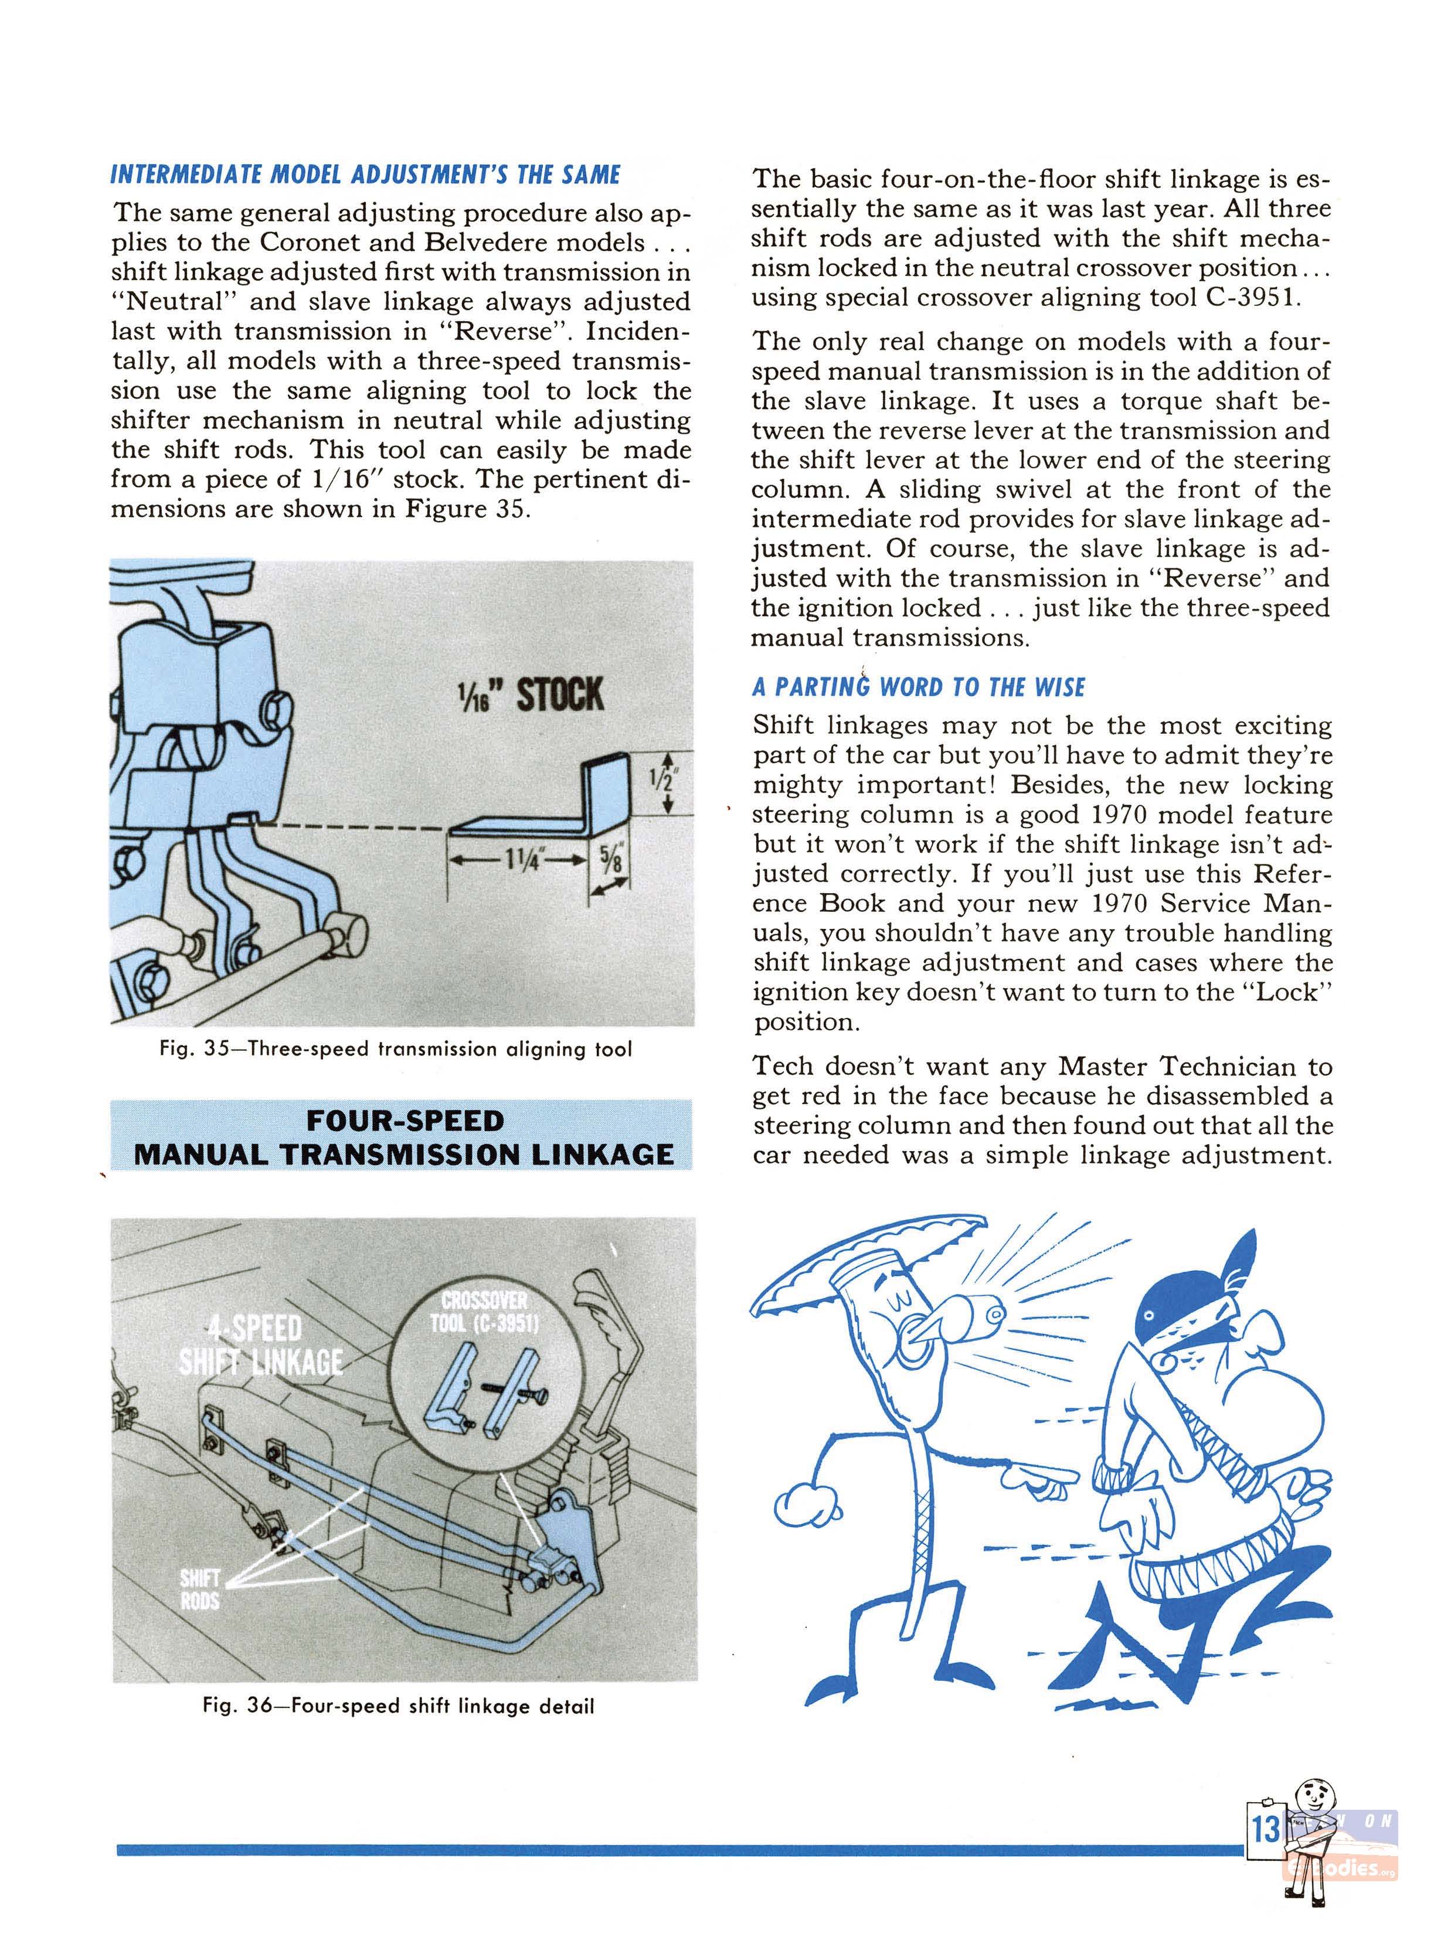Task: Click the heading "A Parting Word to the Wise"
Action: (918, 687)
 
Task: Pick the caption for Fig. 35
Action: (395, 1048)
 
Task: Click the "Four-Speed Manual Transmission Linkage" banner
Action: (402, 1136)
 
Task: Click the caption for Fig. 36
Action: (398, 1705)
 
